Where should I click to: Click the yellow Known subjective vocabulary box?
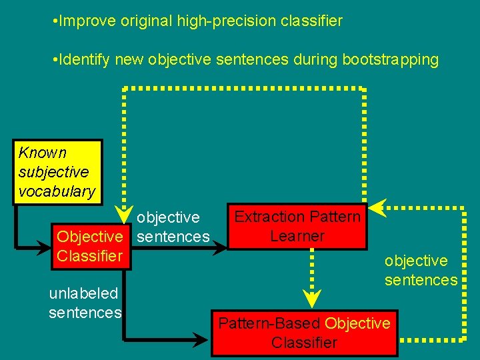58,171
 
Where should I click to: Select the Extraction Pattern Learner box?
297,226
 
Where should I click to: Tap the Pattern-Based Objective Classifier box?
304,333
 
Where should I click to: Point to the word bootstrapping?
390,60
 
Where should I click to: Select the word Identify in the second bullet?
85,60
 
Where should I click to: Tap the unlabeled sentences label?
85,303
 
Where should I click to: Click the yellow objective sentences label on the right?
420,270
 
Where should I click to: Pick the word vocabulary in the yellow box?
57,191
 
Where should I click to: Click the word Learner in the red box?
297,235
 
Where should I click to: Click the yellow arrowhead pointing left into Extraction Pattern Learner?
377,207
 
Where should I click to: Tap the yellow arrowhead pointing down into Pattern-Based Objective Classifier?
310,297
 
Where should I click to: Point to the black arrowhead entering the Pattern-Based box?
203,341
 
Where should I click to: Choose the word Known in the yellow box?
42,152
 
